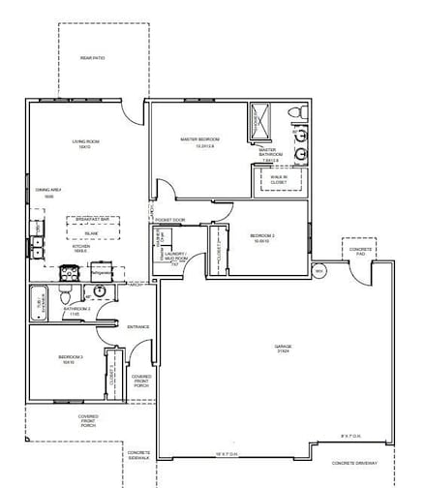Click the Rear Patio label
click(x=93, y=58)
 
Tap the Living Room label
click(x=81, y=142)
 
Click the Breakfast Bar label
click(x=92, y=220)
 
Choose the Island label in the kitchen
click(x=92, y=232)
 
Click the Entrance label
click(x=137, y=327)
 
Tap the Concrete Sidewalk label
click(x=137, y=455)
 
